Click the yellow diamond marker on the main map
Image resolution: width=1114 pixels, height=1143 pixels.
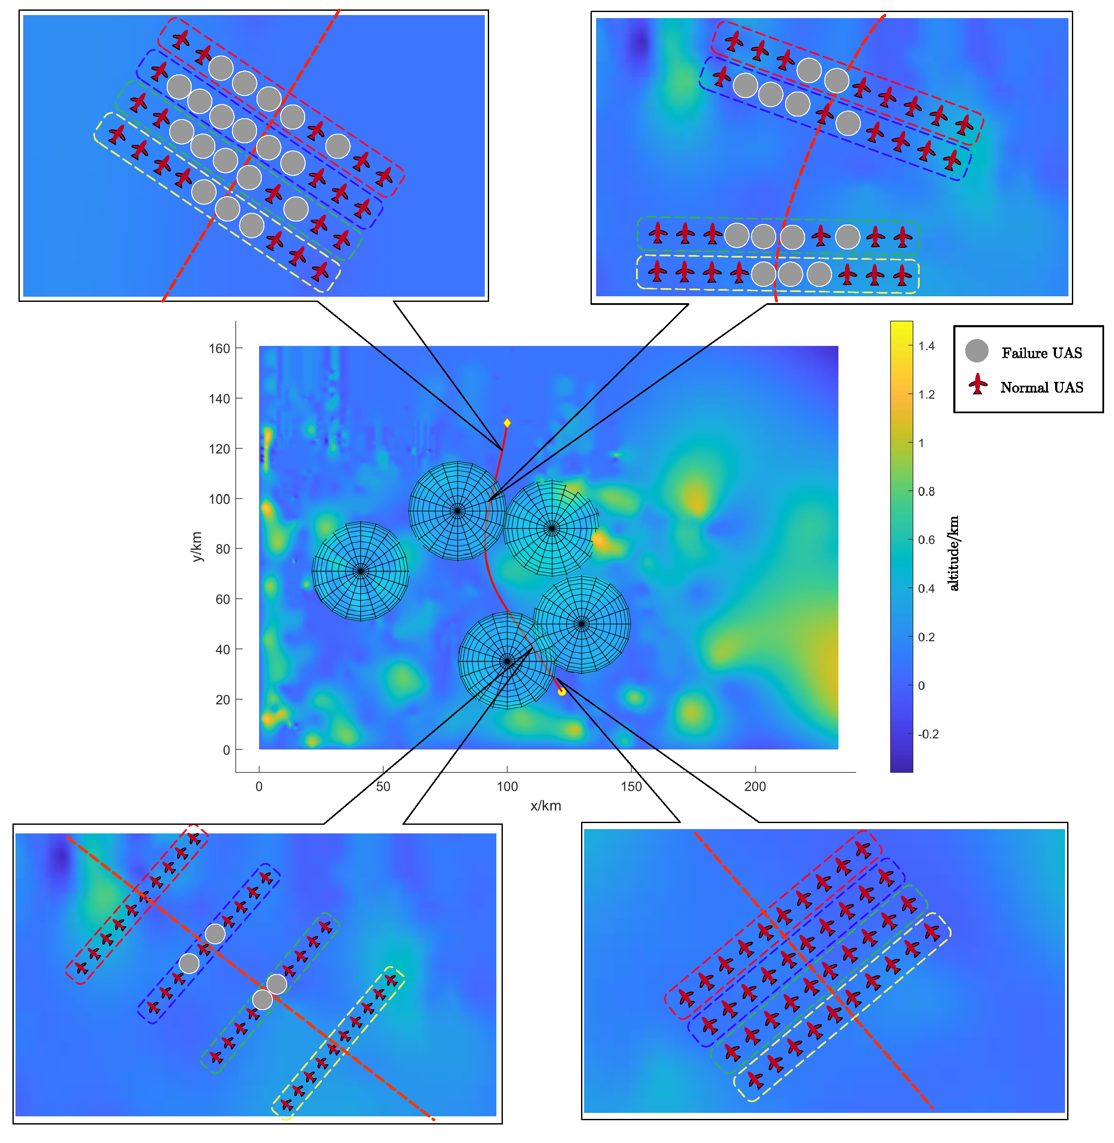(507, 423)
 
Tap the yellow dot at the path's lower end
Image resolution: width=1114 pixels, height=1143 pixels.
(562, 691)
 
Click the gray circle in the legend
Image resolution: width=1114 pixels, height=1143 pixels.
(976, 351)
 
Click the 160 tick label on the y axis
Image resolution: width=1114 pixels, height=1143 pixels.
(220, 348)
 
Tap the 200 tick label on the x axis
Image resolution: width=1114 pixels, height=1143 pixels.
(755, 787)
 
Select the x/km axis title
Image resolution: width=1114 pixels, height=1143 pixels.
(545, 806)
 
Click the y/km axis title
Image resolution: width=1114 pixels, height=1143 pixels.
(197, 546)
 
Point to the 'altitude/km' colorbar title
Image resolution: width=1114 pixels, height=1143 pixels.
(954, 553)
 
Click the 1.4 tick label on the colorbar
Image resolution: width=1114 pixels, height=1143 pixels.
(926, 346)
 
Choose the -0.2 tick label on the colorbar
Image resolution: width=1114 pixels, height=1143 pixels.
(928, 734)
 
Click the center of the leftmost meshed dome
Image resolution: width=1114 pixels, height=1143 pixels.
(361, 571)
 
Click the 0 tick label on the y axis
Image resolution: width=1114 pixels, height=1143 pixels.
(226, 750)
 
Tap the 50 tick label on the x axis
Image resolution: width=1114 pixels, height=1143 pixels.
(383, 787)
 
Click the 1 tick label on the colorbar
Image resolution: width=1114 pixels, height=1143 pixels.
(921, 443)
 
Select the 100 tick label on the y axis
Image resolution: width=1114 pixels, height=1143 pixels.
(220, 499)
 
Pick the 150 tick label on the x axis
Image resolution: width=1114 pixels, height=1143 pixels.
(631, 787)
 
